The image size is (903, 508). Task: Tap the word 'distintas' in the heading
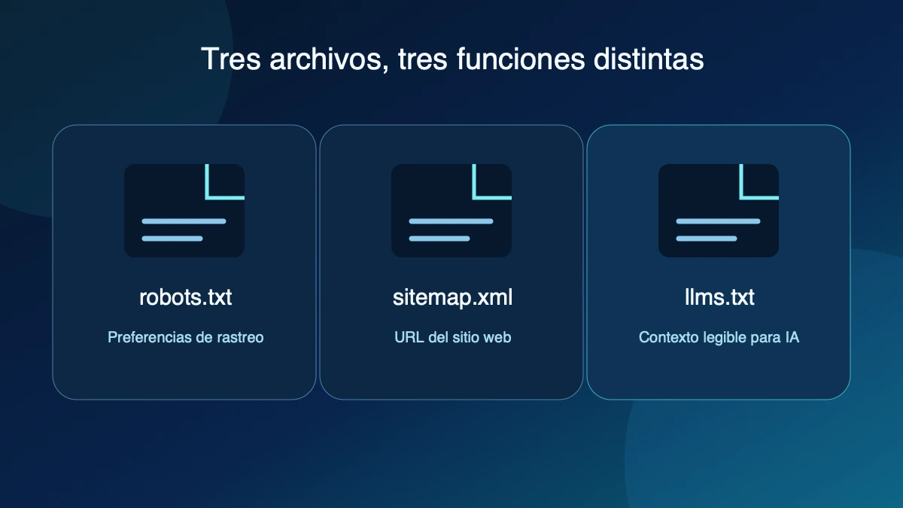648,59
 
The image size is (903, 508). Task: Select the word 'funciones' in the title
521,59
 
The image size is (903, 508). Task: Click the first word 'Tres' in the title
230,59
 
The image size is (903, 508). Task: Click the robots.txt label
185,297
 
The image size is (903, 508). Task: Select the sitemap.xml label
452,298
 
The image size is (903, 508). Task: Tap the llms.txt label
719,297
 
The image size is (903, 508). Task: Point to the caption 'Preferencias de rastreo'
185,337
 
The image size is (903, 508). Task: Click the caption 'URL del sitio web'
452,337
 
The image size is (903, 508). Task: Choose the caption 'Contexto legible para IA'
719,337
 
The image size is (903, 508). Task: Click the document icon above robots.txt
184,211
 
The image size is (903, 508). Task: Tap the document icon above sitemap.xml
451,211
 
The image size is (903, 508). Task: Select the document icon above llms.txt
719,211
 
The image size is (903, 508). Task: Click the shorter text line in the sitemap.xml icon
439,239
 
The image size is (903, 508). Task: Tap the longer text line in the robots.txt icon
184,221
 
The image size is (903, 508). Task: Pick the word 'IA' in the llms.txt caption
792,337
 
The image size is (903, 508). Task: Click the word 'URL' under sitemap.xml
409,337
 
